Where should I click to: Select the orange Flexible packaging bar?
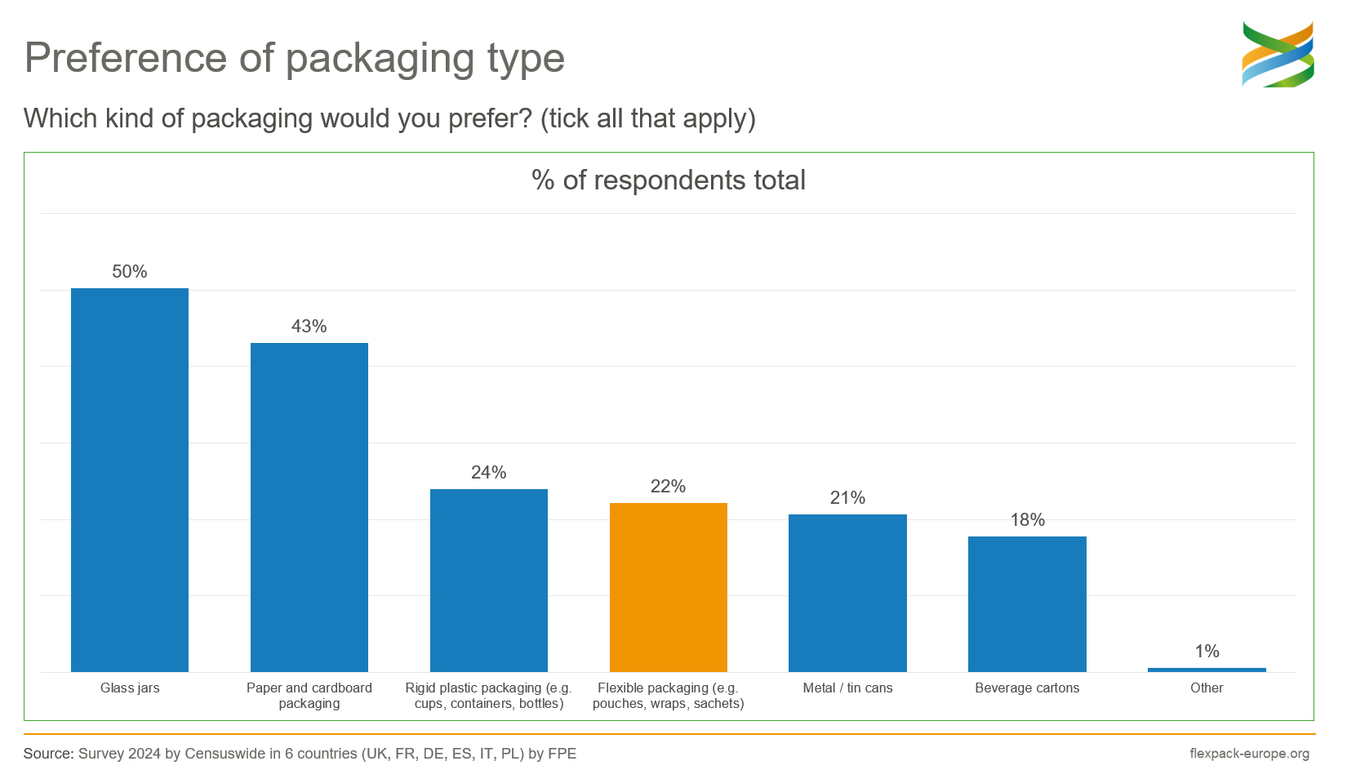tap(668, 588)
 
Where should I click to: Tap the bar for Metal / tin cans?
tap(847, 593)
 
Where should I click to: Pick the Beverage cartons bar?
tap(1027, 604)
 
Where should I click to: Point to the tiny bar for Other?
tap(1207, 670)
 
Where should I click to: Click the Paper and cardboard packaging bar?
tap(309, 507)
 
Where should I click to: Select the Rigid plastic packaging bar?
tap(489, 581)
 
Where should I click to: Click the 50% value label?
tap(130, 272)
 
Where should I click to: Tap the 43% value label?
tap(309, 327)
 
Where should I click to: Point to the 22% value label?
tap(668, 487)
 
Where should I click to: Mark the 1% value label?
tap(1207, 652)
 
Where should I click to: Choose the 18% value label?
tap(1027, 520)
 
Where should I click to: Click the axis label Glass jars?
tap(130, 688)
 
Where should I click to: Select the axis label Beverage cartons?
tap(1027, 688)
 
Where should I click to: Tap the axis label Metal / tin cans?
tap(847, 688)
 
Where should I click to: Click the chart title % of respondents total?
tap(668, 180)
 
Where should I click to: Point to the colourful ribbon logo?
tap(1278, 55)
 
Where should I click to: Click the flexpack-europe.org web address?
tap(1249, 754)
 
